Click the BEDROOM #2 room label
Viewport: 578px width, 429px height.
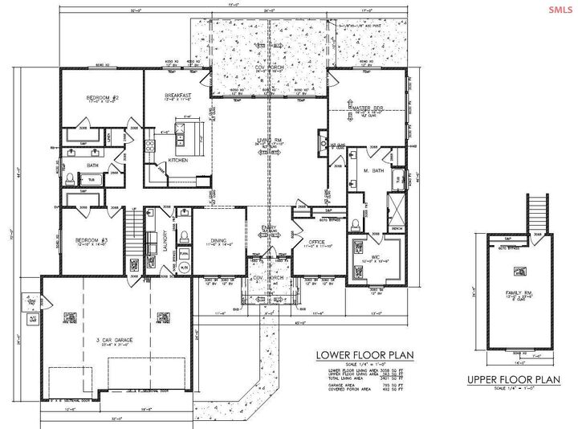pos(103,97)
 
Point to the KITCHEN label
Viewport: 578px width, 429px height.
pos(177,160)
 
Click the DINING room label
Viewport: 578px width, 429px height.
pos(219,239)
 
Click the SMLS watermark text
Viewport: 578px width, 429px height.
pos(560,10)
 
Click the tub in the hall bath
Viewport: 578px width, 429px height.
pos(90,179)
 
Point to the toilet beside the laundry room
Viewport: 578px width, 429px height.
pos(184,237)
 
